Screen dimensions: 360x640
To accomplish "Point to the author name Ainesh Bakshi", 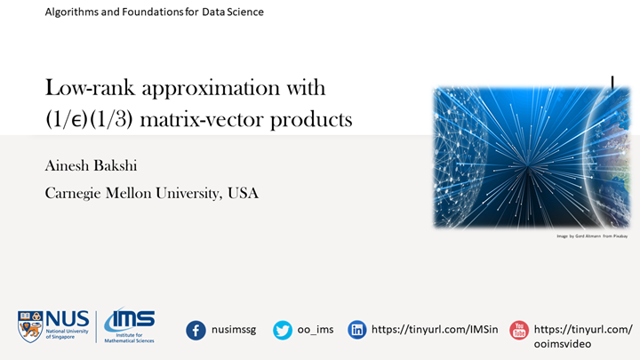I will click(94, 165).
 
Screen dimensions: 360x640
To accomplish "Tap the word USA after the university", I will click(242, 193).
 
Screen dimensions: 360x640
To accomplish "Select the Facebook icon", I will click(196, 330).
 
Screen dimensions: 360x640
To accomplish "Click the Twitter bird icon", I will click(283, 330).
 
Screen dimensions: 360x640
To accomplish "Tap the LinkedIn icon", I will click(357, 330).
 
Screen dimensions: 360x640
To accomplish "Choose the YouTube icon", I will click(518, 330).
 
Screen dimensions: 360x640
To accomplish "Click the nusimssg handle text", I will click(235, 330).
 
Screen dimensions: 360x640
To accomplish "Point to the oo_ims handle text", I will click(316, 330).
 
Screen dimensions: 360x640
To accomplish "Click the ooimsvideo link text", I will click(564, 344).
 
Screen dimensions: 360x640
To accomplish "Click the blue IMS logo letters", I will click(131, 320).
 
